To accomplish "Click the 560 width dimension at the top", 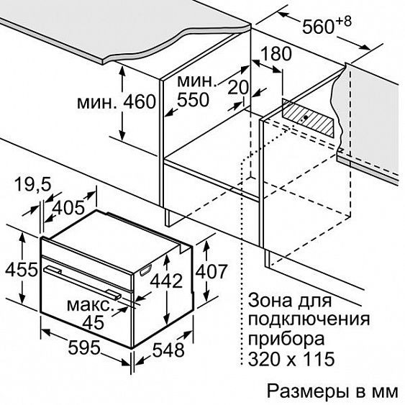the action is point(318,27).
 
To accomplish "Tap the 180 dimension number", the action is point(276,54).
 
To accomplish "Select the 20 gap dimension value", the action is point(238,87).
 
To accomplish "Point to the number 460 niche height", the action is point(140,101).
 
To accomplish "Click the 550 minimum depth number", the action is point(193,99).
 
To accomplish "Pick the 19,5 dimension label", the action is point(33,184).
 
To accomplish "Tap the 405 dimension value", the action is point(68,207).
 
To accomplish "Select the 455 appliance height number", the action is point(22,270).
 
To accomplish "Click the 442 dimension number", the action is point(166,281).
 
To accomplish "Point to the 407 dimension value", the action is point(211,271).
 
